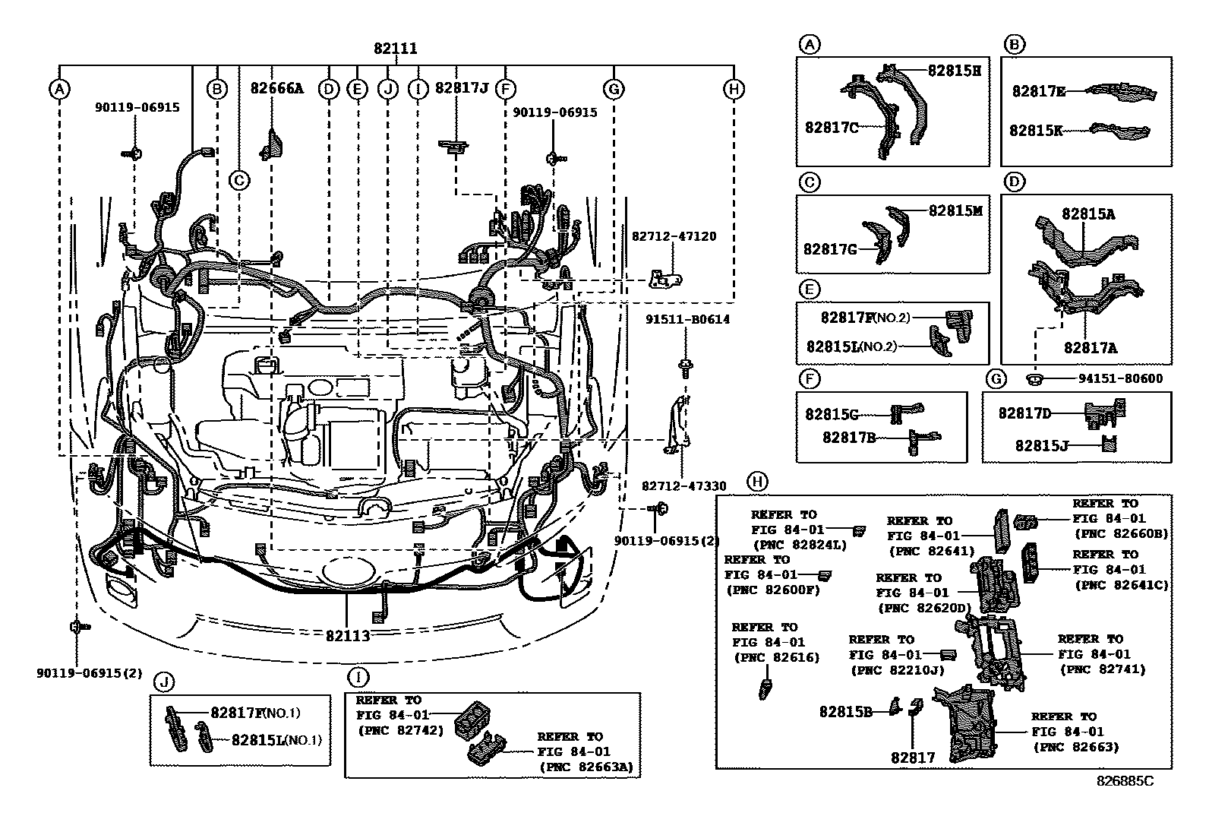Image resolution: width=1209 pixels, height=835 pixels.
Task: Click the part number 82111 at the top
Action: [395, 49]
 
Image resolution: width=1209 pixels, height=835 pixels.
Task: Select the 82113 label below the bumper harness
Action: [348, 635]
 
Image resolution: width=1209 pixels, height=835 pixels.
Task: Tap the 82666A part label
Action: [276, 88]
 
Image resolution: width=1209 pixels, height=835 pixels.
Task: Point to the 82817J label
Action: [461, 88]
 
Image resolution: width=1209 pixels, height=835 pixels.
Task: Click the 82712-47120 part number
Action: [673, 237]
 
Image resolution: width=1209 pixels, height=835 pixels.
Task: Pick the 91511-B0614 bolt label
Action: [688, 320]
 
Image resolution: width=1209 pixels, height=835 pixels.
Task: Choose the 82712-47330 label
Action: [683, 486]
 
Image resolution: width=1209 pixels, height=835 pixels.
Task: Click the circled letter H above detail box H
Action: [756, 481]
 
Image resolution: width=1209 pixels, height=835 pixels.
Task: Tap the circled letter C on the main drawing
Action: [238, 180]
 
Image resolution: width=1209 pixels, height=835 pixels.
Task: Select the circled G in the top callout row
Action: [613, 89]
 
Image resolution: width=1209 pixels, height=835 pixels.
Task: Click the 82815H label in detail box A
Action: [955, 71]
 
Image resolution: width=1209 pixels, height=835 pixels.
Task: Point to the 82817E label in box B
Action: [1038, 91]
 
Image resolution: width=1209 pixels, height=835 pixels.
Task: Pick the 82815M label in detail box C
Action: [955, 210]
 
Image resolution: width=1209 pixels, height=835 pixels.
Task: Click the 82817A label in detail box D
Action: [1090, 348]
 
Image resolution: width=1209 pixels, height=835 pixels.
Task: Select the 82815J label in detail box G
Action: [1042, 446]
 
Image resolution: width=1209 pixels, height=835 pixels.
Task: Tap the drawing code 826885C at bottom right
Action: [1124, 781]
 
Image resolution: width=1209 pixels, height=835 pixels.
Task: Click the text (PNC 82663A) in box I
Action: [586, 767]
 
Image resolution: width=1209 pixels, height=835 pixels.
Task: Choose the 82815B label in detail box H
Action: [845, 712]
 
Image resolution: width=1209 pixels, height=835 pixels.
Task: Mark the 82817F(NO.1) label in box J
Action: [255, 713]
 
